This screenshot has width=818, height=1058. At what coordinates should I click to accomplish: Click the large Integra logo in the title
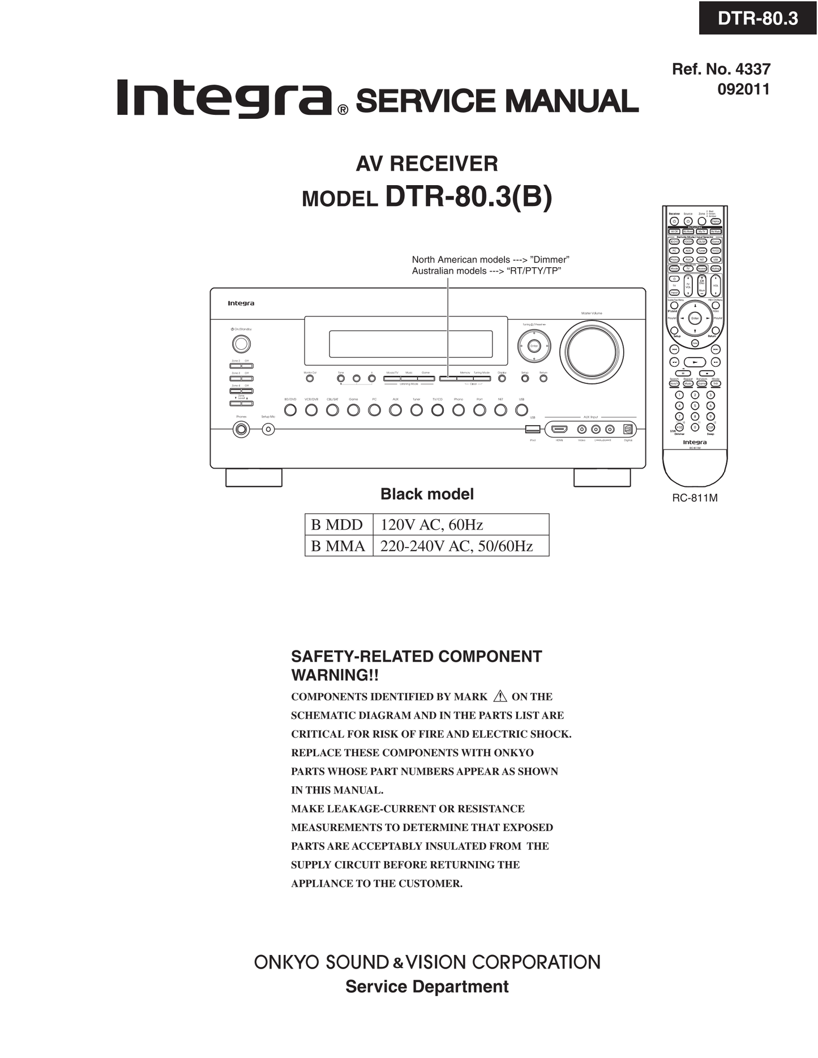click(224, 97)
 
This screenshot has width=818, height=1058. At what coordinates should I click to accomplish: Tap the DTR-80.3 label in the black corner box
click(757, 18)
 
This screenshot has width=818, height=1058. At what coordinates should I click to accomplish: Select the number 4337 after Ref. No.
click(752, 69)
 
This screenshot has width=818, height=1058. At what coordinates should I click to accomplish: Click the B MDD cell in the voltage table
click(338, 524)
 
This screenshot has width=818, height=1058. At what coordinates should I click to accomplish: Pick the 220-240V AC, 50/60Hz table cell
click(457, 546)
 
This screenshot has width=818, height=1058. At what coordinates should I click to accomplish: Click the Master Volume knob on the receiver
click(592, 351)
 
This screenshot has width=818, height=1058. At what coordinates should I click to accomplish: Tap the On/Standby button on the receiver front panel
click(241, 344)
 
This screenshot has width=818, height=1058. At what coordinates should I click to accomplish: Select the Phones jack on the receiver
click(241, 429)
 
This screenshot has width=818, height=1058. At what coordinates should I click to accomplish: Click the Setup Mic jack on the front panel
click(269, 429)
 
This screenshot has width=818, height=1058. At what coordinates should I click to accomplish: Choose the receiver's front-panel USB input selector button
click(521, 410)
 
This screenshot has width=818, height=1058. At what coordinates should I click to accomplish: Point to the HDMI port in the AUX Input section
click(559, 429)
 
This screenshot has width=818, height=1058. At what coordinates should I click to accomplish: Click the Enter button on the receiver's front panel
click(534, 345)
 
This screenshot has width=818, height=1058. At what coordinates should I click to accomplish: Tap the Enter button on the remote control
click(695, 318)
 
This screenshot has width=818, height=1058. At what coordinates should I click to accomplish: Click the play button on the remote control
click(695, 362)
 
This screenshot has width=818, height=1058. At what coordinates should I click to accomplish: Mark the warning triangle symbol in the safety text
click(500, 696)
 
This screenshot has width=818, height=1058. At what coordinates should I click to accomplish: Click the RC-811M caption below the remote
click(695, 498)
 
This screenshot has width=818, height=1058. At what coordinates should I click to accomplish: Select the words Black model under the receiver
click(427, 494)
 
